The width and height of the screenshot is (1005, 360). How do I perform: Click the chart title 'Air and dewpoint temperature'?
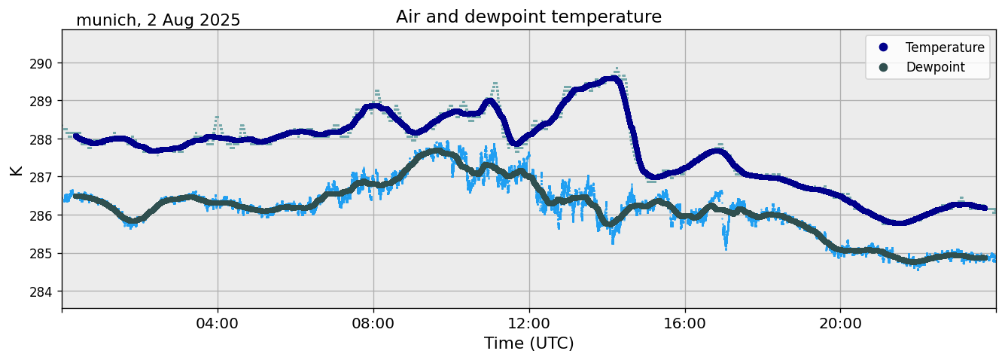tap(528, 17)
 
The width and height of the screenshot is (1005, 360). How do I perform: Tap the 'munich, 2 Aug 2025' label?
tap(158, 20)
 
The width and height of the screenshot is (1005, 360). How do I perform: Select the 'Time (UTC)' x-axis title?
tap(528, 343)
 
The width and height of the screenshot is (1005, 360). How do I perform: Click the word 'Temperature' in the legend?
tap(945, 47)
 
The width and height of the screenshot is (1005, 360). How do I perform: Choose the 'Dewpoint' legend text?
tap(935, 67)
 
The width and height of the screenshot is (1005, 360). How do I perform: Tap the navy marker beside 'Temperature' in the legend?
tap(883, 47)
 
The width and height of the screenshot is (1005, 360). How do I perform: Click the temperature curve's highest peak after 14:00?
tap(614, 78)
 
